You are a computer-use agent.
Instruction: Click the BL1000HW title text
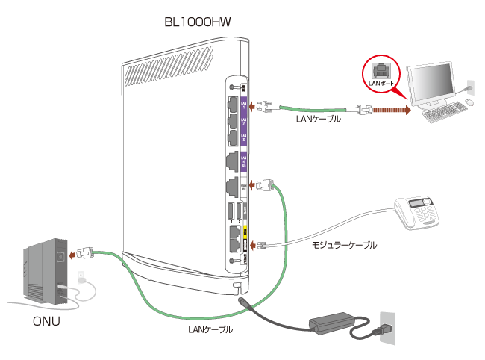[198, 22]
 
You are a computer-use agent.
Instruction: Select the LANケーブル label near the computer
[319, 118]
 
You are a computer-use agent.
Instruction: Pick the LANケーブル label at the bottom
[210, 329]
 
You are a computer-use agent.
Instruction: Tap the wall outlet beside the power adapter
[388, 328]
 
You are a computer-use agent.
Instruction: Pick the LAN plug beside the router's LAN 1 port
[265, 108]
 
